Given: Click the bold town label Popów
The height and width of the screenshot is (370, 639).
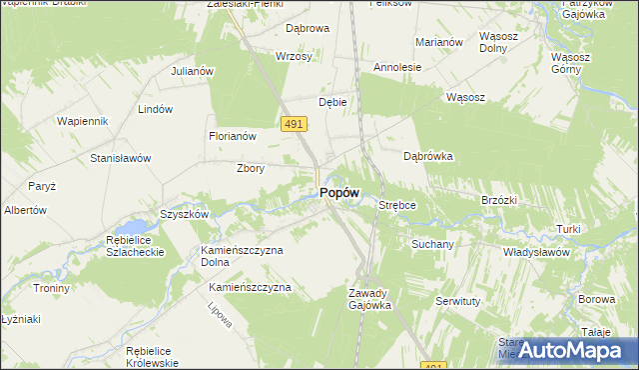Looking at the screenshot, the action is click(339, 193).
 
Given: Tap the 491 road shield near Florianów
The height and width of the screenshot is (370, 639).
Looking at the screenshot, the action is click(294, 123).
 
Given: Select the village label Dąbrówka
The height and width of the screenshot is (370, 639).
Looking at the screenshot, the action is click(428, 156).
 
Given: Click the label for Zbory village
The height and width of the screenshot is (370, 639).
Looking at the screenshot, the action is click(250, 168).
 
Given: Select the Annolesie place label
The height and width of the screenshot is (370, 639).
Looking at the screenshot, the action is click(397, 67).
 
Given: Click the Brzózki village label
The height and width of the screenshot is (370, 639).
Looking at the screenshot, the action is click(498, 200).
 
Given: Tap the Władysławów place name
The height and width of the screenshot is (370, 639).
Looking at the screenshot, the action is click(536, 253).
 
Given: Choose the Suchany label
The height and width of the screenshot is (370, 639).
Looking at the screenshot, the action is click(433, 243).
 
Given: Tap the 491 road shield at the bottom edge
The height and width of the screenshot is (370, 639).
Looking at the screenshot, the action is click(432, 365).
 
